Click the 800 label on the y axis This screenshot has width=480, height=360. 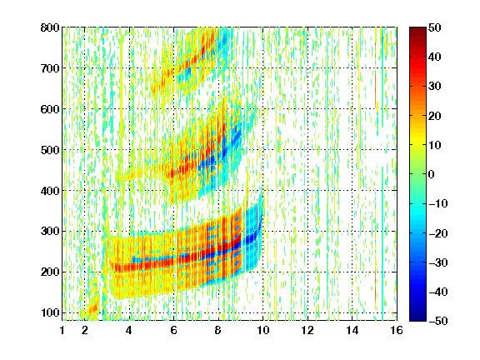50,27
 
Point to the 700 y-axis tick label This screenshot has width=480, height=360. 50,68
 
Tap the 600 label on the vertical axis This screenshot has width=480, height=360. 50,109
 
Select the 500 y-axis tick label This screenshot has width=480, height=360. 50,150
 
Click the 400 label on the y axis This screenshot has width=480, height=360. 50,191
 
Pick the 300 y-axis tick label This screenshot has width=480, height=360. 50,231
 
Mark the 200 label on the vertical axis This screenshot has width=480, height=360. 50,272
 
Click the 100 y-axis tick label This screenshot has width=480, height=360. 50,312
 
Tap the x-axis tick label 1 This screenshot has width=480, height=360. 62,330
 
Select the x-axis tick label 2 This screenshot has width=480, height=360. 84,330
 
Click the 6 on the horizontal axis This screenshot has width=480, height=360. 173,330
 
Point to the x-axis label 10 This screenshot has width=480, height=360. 262,330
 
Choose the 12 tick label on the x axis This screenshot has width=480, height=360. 307,330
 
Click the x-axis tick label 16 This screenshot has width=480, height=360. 397,330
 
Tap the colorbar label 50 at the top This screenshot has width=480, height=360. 434,27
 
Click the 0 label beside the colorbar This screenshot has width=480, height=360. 432,174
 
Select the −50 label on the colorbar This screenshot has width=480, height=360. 438,321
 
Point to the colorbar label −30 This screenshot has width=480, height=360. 438,262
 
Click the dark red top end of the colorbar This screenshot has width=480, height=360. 417,29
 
